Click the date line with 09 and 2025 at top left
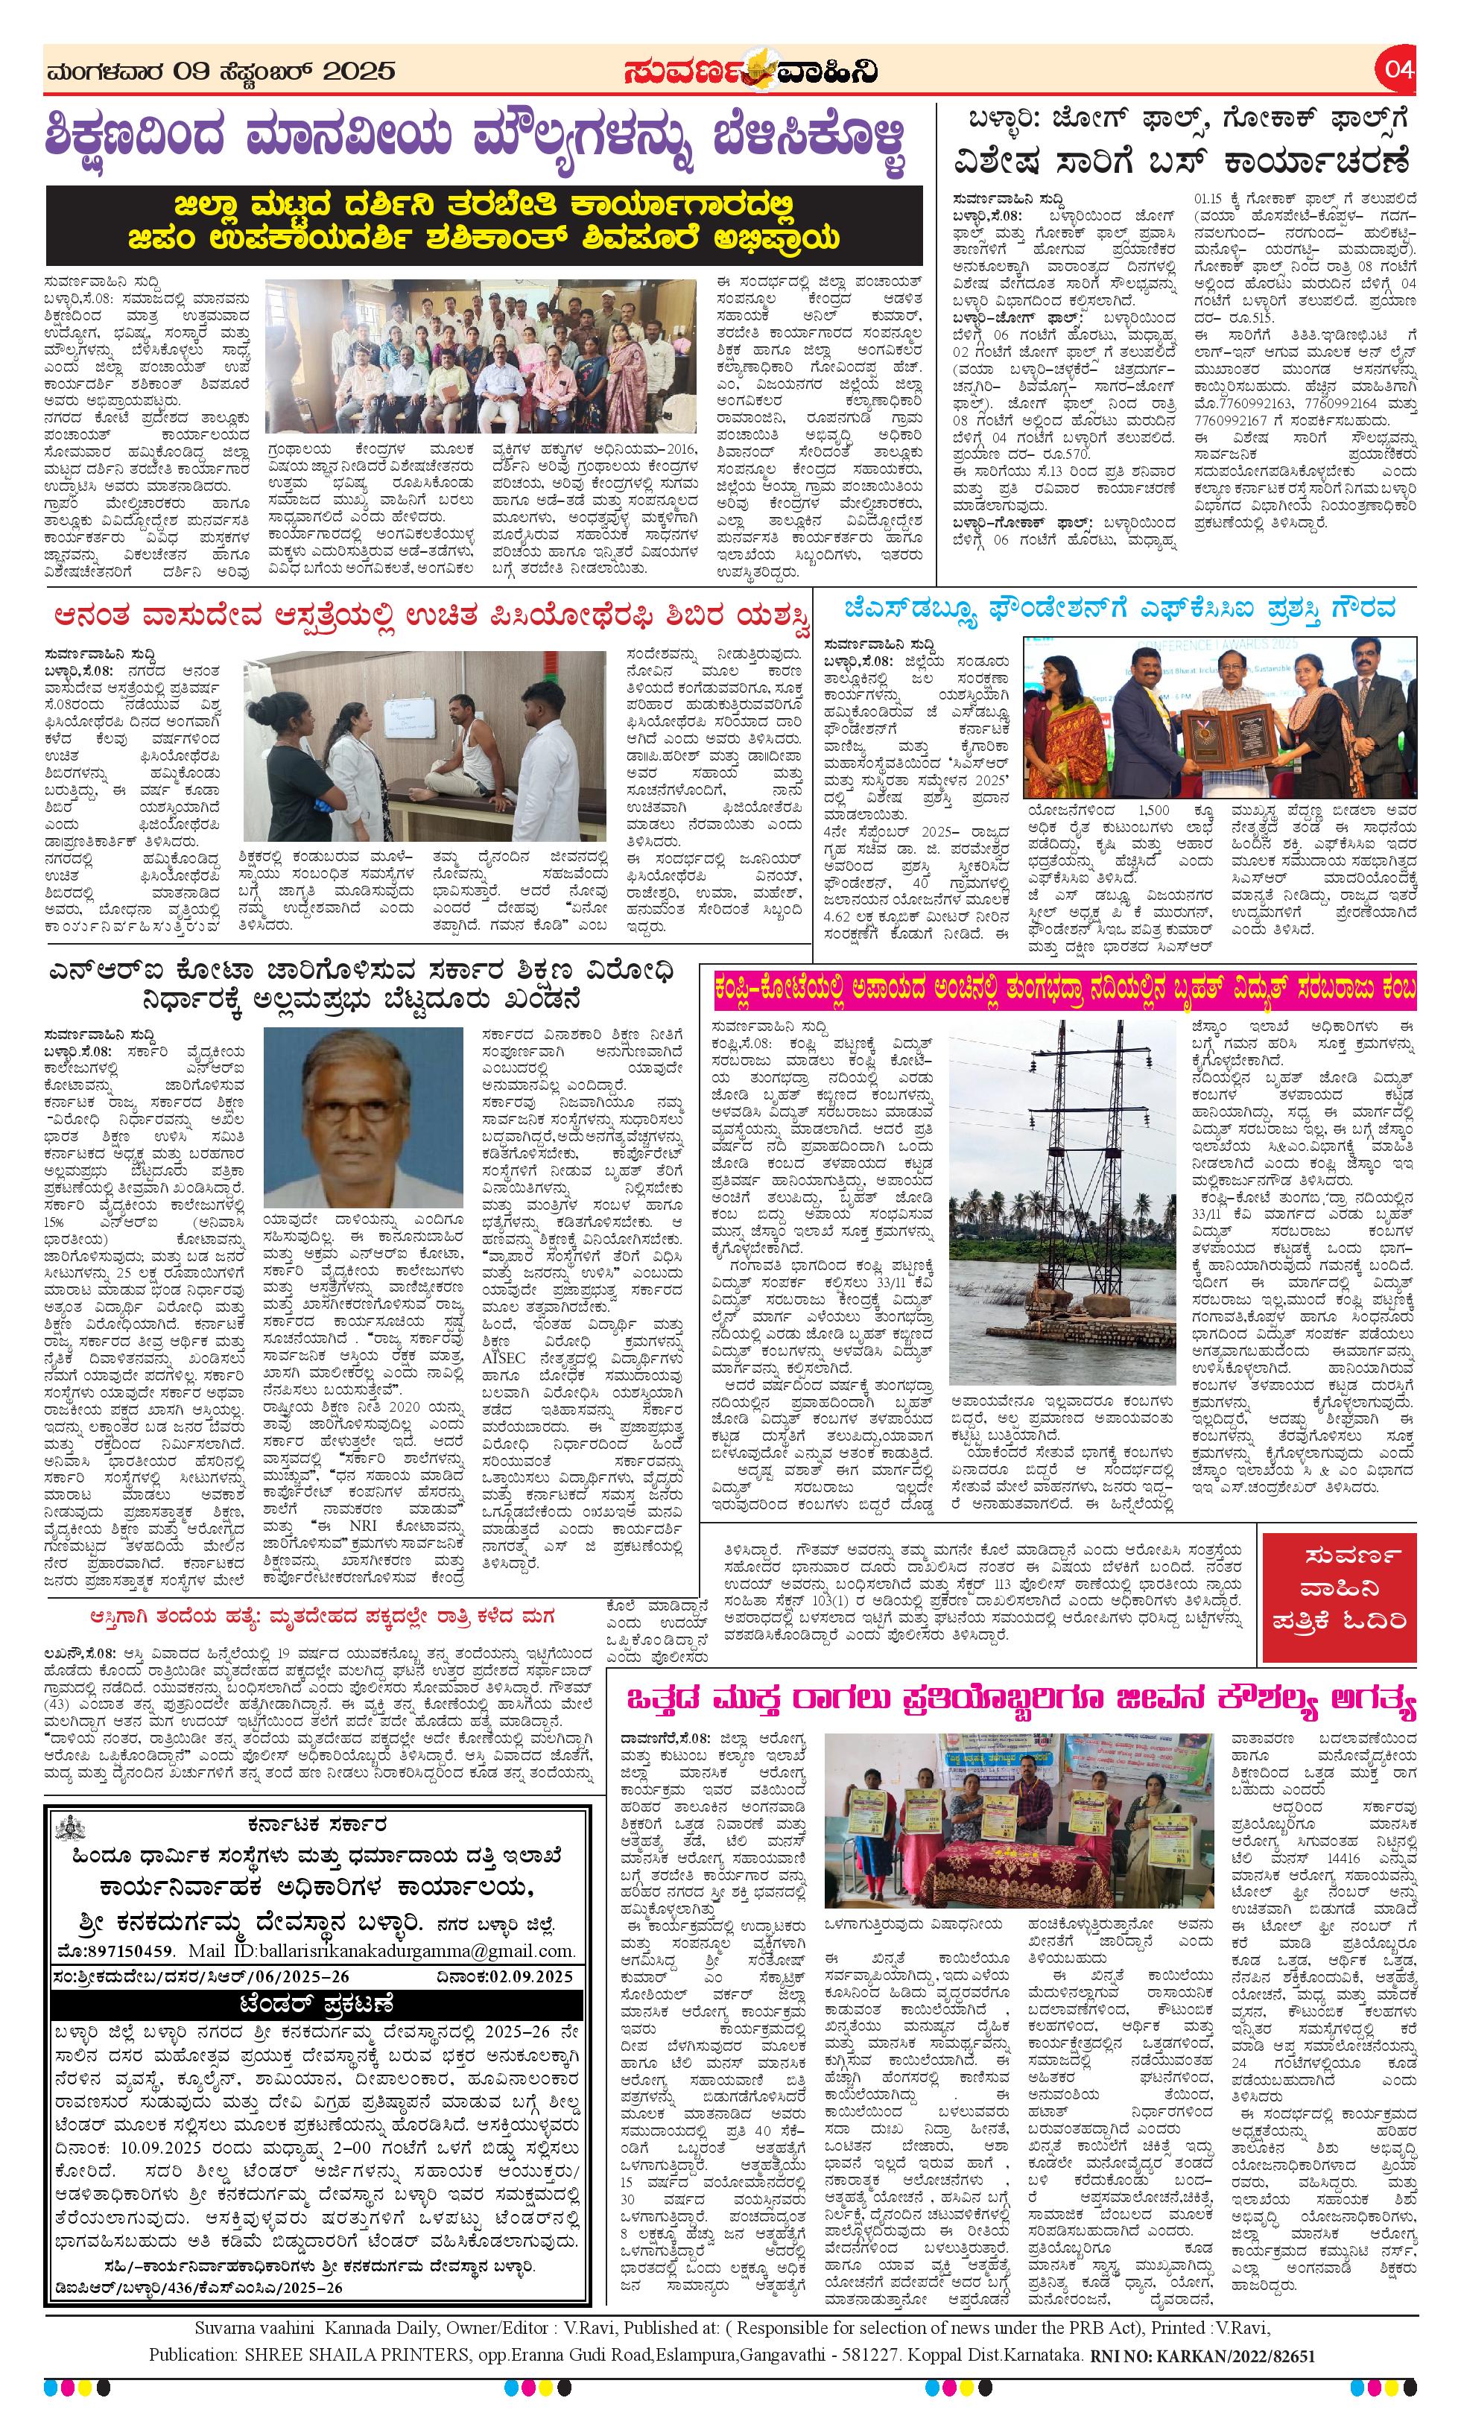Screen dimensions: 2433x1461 221,71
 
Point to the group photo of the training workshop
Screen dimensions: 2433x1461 481,355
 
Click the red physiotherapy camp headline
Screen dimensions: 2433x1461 433,616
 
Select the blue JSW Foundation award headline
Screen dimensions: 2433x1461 1119,608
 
